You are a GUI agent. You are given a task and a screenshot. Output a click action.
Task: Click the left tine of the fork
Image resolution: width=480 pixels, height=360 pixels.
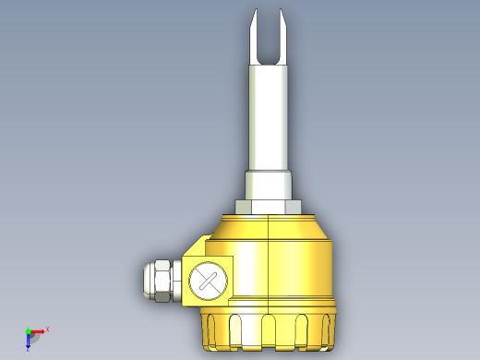tap(257, 37)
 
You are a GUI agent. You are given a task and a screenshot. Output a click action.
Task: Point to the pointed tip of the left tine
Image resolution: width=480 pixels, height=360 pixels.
tap(253, 10)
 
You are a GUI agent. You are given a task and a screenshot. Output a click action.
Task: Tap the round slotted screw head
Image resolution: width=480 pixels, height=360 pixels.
tap(207, 281)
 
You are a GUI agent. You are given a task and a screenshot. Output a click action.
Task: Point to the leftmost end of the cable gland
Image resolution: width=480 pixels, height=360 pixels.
tap(144, 281)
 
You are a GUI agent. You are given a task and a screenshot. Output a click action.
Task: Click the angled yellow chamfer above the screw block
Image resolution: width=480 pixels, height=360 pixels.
tap(198, 246)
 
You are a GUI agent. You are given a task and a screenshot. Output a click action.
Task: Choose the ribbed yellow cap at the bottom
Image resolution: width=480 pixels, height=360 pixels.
tap(268, 328)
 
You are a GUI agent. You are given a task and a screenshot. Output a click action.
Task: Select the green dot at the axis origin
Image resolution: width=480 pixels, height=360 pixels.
tap(28, 330)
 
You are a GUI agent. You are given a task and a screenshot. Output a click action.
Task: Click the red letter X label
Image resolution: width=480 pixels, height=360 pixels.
tap(47, 329)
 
